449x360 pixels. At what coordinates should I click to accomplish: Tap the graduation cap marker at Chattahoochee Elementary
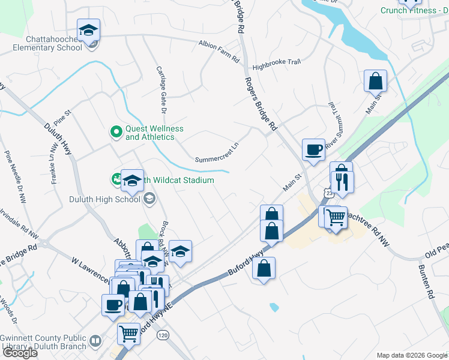88,30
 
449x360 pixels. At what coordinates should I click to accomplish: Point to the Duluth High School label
104,199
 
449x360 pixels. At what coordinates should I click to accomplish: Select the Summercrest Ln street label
217,152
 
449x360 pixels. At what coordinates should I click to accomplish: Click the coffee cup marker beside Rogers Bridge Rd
313,150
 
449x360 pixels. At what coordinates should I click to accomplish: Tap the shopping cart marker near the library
129,334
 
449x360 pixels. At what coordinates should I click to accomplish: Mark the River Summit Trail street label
335,123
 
